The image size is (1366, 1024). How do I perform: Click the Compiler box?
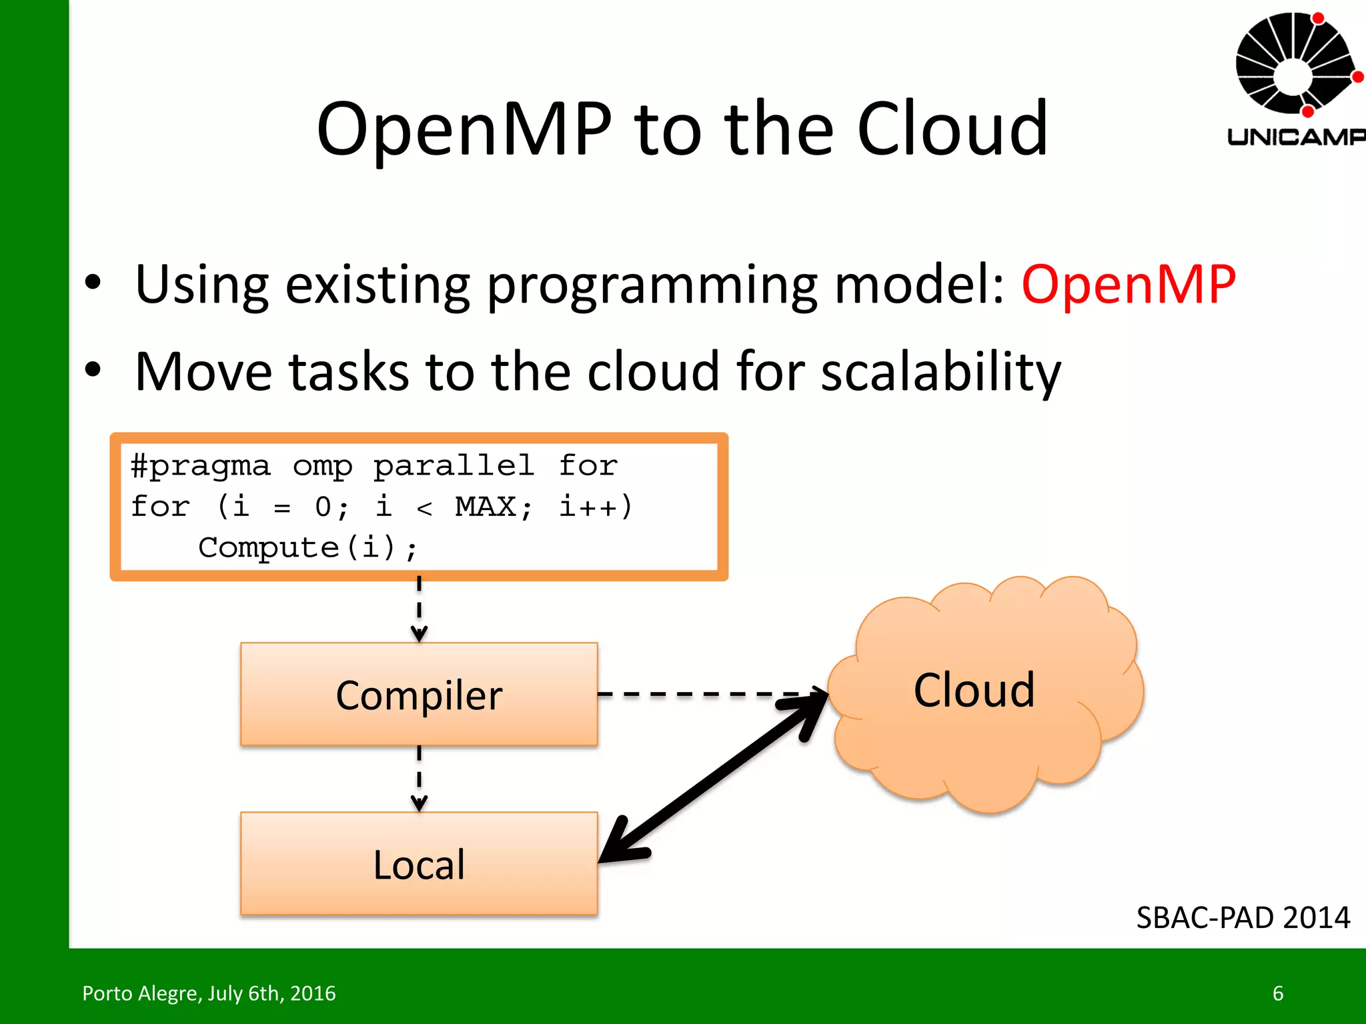(x=419, y=694)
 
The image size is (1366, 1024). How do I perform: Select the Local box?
(x=419, y=863)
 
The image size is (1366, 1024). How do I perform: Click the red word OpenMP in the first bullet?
(x=1129, y=285)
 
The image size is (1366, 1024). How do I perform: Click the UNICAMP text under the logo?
(x=1295, y=137)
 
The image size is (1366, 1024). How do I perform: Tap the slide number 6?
(x=1278, y=993)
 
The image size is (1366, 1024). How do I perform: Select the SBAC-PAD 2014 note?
(x=1243, y=918)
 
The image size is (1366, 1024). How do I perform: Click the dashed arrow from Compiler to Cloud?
(x=707, y=694)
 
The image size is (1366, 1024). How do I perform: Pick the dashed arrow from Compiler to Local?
(x=419, y=777)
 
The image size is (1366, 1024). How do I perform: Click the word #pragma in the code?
(x=200, y=465)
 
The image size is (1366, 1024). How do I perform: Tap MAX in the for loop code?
(x=486, y=507)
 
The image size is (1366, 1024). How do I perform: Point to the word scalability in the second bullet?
(x=940, y=372)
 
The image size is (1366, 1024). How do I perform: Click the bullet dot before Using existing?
(x=93, y=283)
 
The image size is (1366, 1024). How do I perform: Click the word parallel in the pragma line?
(x=454, y=465)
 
